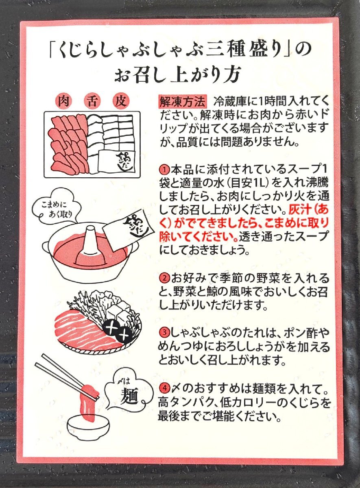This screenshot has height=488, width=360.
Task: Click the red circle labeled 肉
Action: click(x=64, y=101)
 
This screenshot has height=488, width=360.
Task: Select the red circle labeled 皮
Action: click(x=120, y=101)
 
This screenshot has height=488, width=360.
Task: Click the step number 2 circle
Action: click(x=164, y=278)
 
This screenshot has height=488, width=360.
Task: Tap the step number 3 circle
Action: click(x=164, y=333)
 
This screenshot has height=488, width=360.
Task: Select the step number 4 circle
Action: click(x=164, y=388)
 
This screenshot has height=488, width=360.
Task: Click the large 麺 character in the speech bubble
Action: click(x=129, y=398)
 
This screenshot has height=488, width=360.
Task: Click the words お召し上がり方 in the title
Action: click(x=178, y=74)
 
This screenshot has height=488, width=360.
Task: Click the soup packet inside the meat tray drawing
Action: click(x=117, y=161)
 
